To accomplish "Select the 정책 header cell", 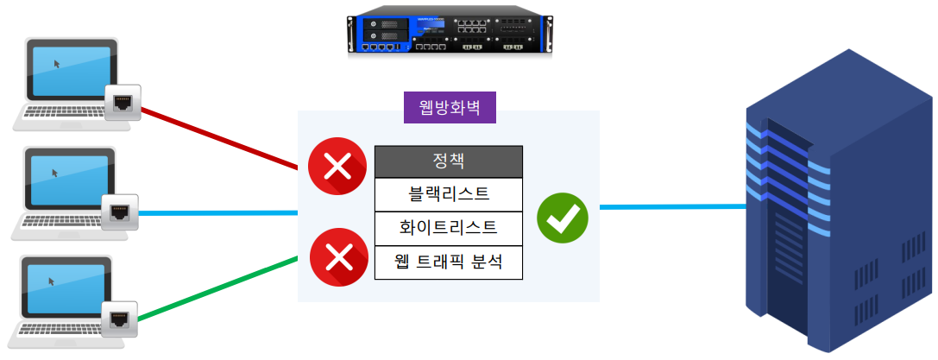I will pyautogui.click(x=449, y=161).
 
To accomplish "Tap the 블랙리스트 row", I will pyautogui.click(x=449, y=193).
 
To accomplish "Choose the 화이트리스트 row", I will pyautogui.click(x=449, y=228).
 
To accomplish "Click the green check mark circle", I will pyautogui.click(x=563, y=216).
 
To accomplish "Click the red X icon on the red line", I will pyautogui.click(x=335, y=166).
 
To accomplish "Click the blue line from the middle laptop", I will pyautogui.click(x=216, y=212).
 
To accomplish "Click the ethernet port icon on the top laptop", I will pyautogui.click(x=123, y=103).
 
